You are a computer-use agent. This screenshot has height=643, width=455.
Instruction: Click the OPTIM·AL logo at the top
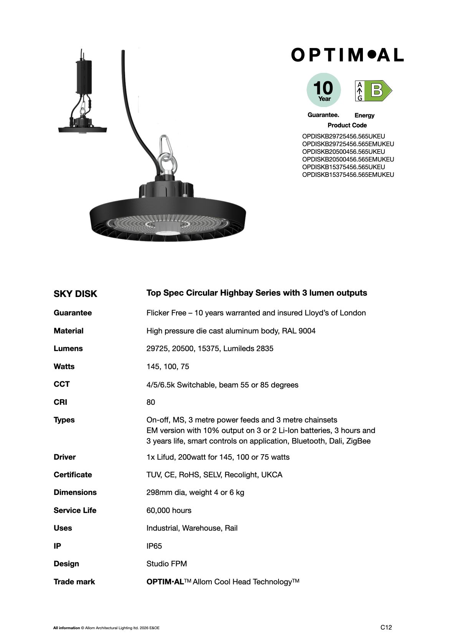pos(347,55)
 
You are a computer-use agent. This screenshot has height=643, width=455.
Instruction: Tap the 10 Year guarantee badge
pos(323,90)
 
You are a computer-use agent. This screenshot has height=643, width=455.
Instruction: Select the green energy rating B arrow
pos(378,91)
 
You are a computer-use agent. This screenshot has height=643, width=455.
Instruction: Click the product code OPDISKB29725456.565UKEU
pos(343,136)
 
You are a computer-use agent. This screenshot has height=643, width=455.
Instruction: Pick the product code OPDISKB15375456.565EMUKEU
pos(348,175)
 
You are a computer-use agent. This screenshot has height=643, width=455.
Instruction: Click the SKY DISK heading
pos(75,294)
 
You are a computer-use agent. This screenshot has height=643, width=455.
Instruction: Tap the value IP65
pos(154,546)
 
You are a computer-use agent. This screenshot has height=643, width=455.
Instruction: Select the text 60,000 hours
pos(169,510)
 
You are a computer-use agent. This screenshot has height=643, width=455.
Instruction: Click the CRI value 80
pos(151,402)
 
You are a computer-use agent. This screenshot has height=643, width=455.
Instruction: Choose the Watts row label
pos(64,366)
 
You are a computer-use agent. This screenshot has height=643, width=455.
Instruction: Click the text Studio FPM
pos(167,564)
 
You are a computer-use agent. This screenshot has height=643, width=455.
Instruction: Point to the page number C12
pos(386,627)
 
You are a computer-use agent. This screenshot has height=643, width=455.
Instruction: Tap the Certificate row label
pos(73,475)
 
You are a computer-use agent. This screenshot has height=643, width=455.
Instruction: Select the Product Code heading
pos(347,125)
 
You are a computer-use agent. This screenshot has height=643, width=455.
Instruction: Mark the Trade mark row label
pos(74,582)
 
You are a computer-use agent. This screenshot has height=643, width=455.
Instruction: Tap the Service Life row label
pos(75,510)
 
